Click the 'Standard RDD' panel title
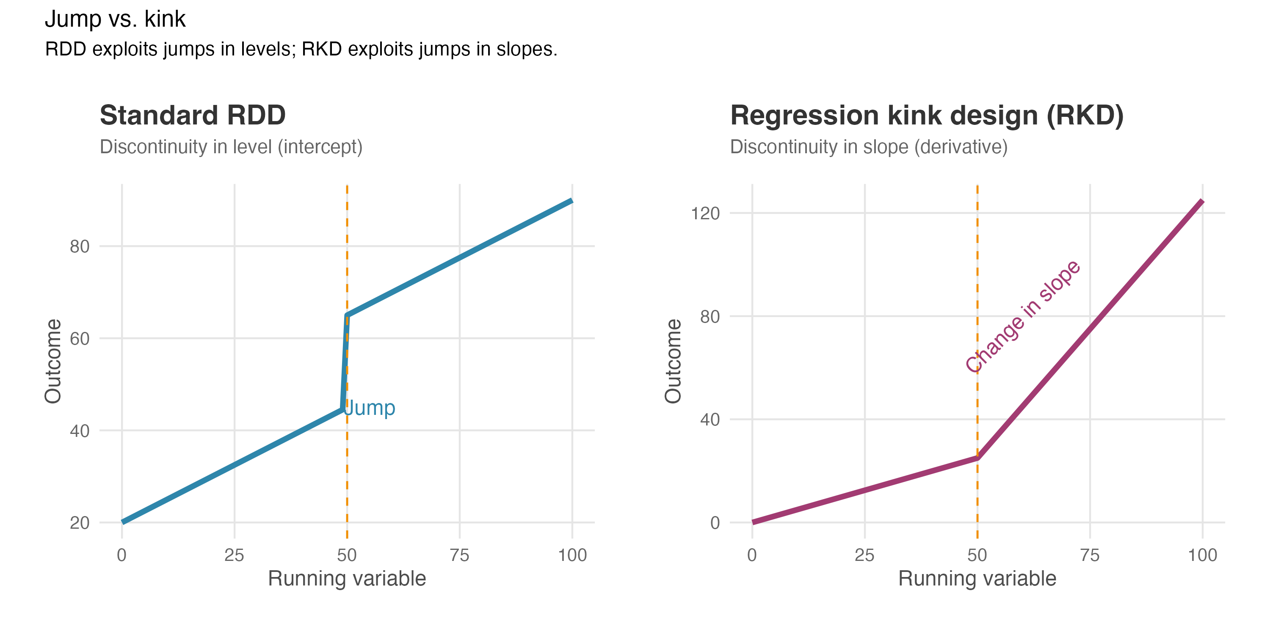coord(192,116)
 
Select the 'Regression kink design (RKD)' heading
coord(926,116)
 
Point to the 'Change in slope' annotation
coord(1023,316)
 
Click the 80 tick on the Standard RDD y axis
coord(80,246)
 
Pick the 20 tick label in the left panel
coord(80,522)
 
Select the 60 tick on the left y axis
coord(80,339)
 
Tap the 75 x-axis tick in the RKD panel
coord(1090,555)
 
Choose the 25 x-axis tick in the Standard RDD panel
coord(234,555)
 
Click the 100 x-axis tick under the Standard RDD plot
coord(572,555)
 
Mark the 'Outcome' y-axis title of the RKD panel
coord(673,361)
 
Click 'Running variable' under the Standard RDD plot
coord(347,579)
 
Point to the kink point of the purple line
coord(977,458)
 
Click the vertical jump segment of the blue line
coord(345,362)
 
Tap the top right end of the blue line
coord(571,201)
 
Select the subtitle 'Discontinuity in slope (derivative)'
coord(868,147)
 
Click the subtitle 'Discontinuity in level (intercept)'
coord(231,147)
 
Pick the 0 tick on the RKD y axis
coord(715,522)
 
